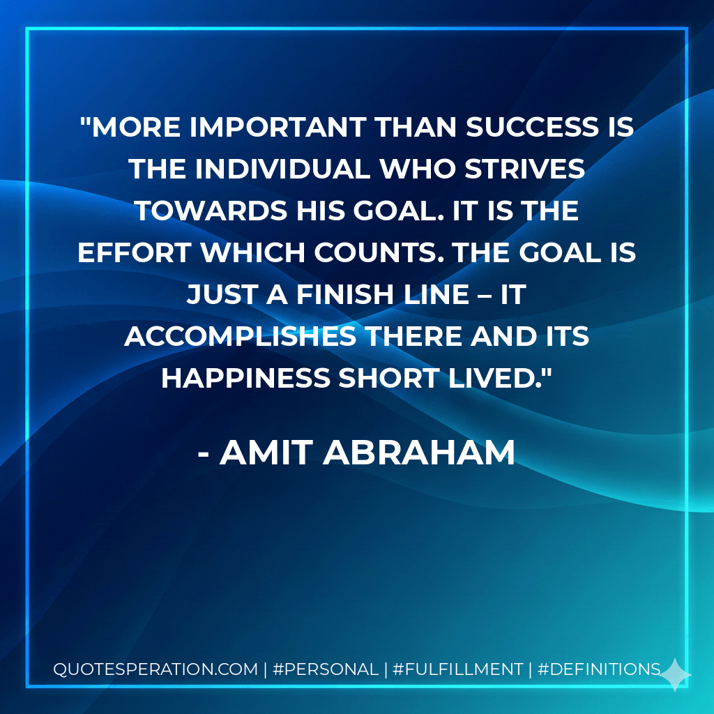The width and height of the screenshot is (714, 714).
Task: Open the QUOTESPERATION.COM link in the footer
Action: coord(155,669)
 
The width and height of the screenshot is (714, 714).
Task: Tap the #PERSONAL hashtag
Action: coord(325,669)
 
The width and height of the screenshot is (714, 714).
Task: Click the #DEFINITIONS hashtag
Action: coord(600,669)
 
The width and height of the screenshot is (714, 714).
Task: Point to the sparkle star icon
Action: coord(676,674)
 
